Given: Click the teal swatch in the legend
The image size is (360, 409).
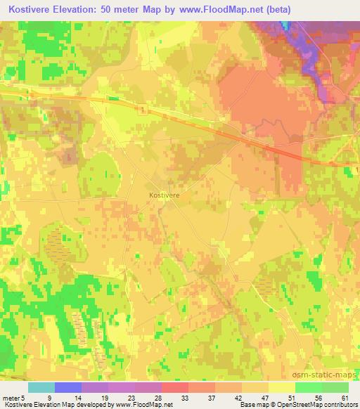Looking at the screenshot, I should [x=41, y=387].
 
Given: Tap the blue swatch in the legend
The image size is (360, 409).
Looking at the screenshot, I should [x=68, y=387].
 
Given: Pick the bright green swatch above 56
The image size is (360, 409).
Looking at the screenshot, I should [x=308, y=387].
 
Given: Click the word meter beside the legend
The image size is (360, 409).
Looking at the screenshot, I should [x=11, y=397].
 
